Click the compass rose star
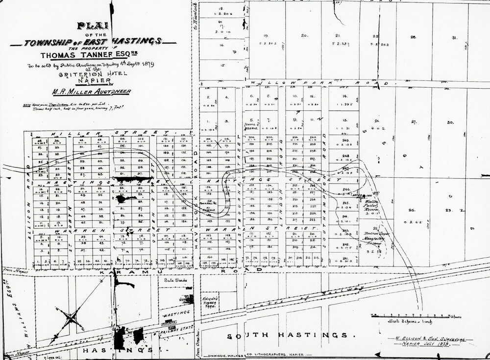tap(72, 319)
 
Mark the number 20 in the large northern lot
tap(304, 35)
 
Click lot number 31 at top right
tap(455, 37)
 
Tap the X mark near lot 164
tap(216, 140)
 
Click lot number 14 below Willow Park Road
tap(345, 96)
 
